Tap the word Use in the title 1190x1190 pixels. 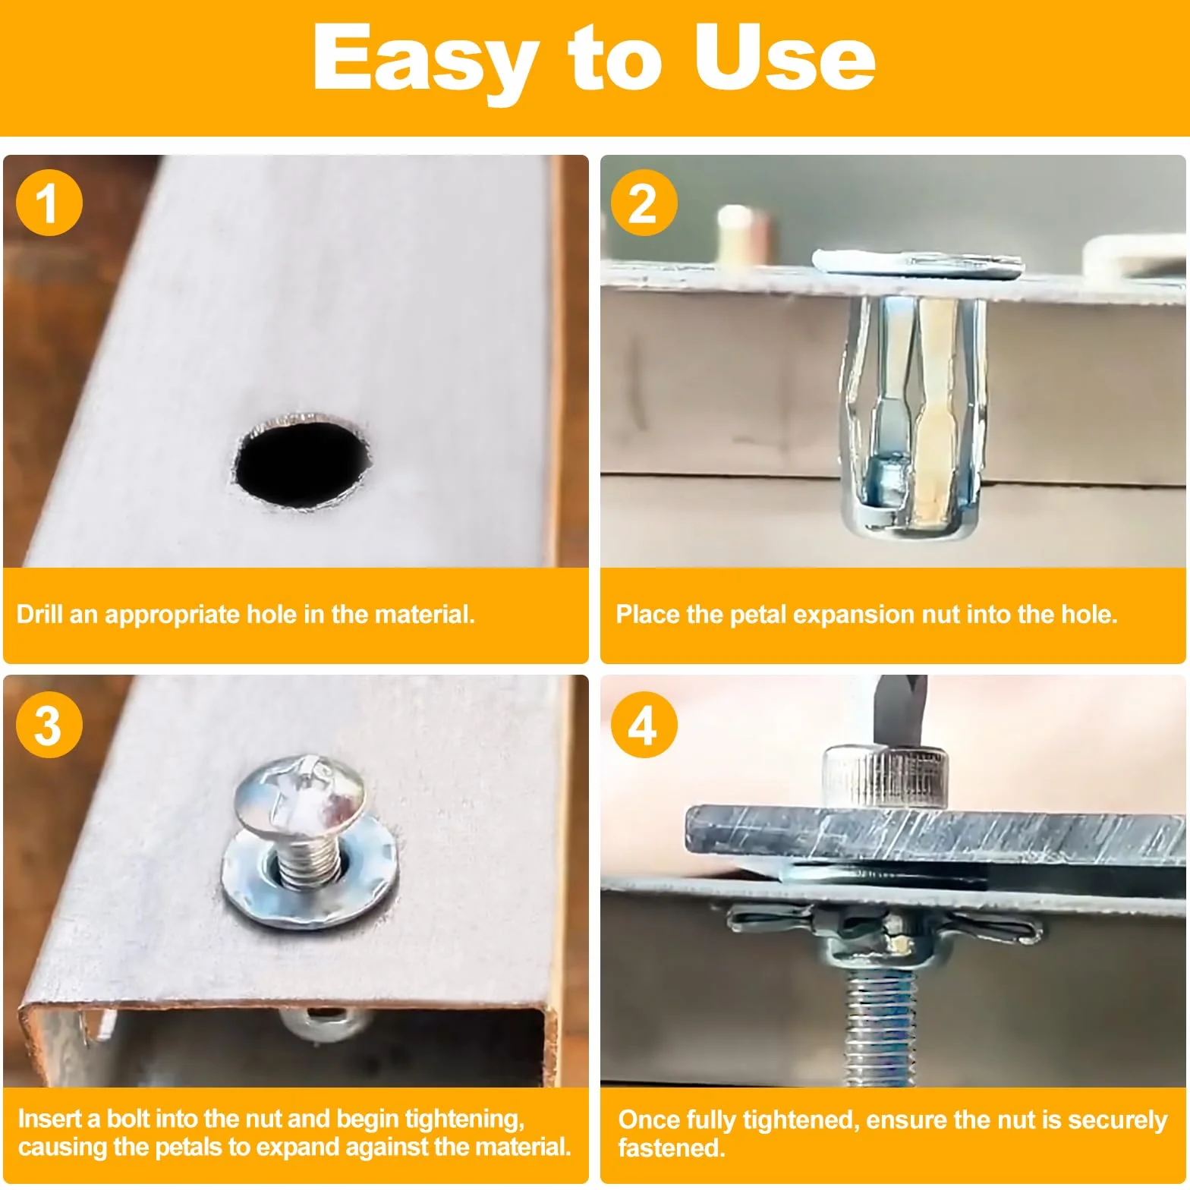tap(784, 56)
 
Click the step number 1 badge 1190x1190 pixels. tap(49, 203)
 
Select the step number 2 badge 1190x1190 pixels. tap(644, 203)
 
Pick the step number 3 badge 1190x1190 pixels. tap(49, 725)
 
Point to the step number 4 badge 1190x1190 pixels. tap(644, 725)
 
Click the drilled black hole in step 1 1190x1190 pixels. tap(301, 461)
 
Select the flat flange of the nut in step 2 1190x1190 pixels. tap(917, 263)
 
